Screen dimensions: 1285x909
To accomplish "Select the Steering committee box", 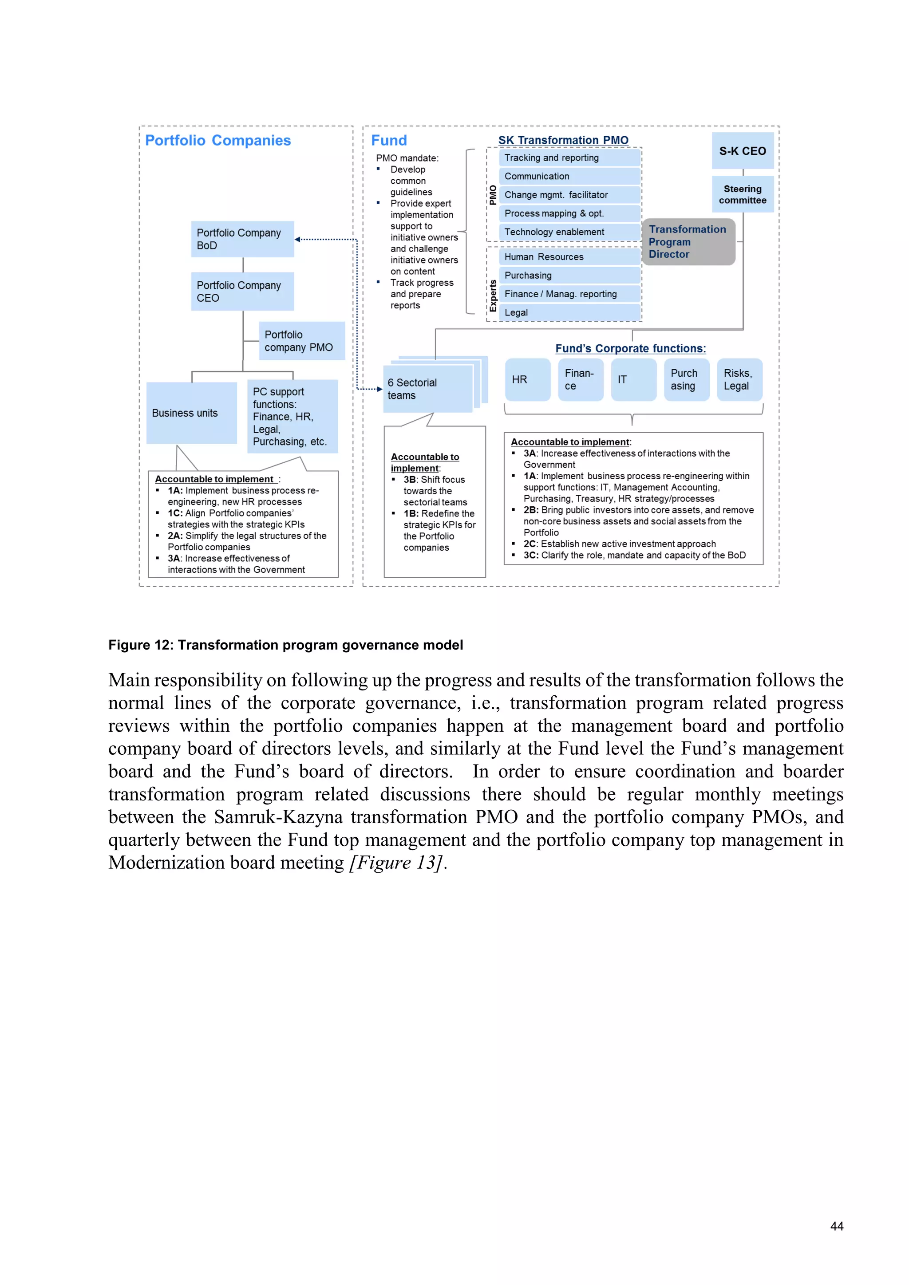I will tap(742, 194).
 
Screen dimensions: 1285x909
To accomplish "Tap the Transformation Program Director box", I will tap(688, 242).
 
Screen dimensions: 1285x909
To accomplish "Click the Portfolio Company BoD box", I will tap(242, 239).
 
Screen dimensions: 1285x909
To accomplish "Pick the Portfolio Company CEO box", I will tap(242, 292).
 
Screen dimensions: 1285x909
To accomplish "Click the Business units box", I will tap(191, 413).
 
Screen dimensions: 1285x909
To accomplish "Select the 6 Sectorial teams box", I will tap(427, 389).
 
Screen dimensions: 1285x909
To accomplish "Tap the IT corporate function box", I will tap(633, 379).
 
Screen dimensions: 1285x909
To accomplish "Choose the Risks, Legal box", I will tap(739, 379).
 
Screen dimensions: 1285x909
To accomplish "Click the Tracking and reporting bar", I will tap(569, 158).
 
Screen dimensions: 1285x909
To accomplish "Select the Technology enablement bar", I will tap(569, 232).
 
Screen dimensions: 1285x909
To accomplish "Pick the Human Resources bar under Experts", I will tap(569, 257).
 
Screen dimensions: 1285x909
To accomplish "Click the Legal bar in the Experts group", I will tap(569, 312).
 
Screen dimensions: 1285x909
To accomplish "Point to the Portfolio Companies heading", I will tap(218, 141).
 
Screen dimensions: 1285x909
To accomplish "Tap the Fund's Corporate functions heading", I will tap(630, 348).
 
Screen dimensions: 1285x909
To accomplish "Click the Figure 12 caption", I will tap(285, 645).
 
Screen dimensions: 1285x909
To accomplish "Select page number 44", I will tap(836, 1226).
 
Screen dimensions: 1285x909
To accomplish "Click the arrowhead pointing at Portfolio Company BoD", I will tap(298, 240).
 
